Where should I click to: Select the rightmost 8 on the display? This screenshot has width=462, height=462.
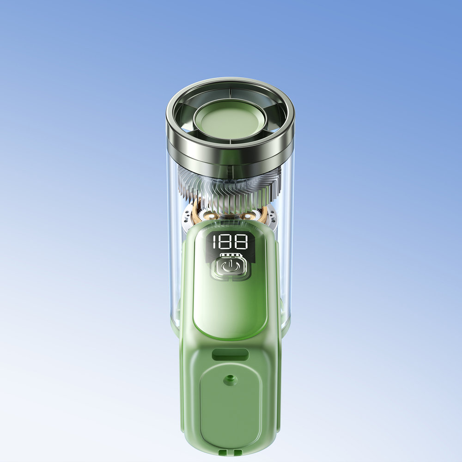242,242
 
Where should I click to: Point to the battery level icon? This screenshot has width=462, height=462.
230,255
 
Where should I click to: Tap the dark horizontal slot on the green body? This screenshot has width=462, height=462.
230,354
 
